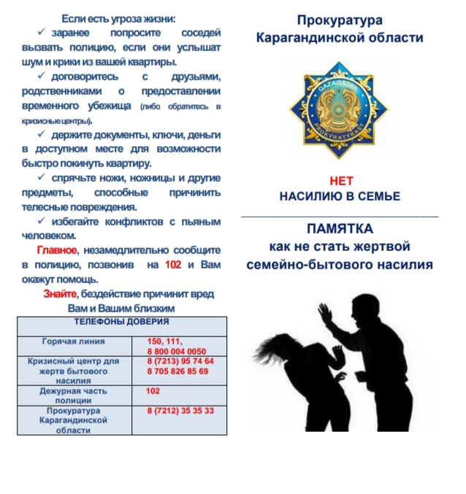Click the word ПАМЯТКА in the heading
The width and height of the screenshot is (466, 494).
(x=340, y=228)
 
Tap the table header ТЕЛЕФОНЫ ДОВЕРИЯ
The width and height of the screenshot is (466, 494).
(x=121, y=321)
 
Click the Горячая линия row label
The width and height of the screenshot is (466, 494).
(x=74, y=341)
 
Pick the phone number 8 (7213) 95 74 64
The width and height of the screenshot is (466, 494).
(x=180, y=361)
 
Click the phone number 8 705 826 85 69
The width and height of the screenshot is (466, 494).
(x=177, y=371)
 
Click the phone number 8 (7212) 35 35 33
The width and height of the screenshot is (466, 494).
(x=180, y=411)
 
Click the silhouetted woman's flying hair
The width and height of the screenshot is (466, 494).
(x=270, y=343)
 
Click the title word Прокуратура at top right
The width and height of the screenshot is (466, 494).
(x=340, y=20)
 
